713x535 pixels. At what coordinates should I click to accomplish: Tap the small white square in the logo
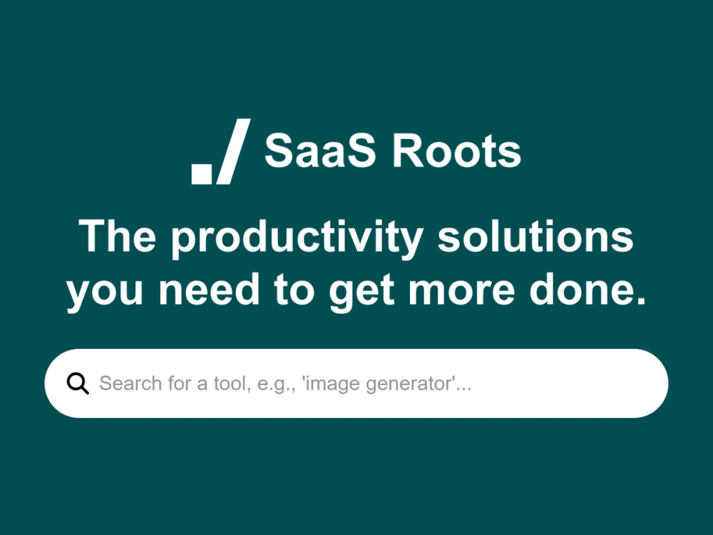[202, 173]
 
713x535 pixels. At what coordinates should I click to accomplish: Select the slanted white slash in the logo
[232, 151]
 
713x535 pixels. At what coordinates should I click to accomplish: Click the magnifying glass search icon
[78, 384]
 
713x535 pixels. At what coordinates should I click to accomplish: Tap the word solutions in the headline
[535, 238]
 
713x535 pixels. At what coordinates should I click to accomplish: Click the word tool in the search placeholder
[231, 384]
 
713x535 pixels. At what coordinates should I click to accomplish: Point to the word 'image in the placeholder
[331, 384]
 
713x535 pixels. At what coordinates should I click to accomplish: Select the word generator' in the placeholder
[416, 384]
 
